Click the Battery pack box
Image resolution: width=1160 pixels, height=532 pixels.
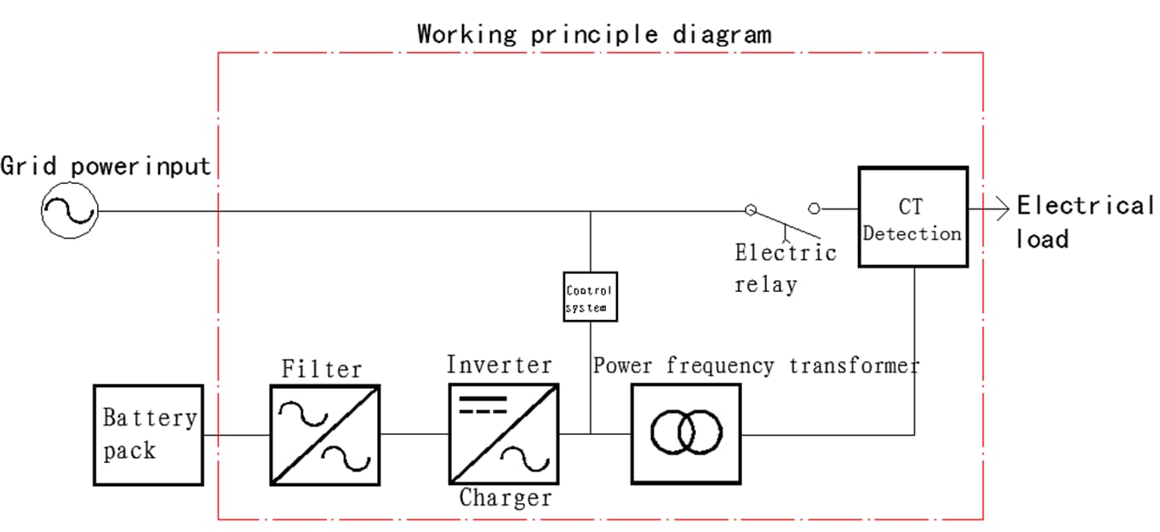148,434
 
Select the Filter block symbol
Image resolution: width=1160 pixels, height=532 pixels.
325,434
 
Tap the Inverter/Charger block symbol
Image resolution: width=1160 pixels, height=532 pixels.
504,434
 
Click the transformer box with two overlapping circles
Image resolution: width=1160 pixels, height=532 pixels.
686,434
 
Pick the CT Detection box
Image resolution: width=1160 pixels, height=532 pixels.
912,217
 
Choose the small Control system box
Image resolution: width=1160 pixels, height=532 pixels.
590,296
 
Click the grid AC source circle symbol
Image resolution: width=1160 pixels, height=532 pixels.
70,210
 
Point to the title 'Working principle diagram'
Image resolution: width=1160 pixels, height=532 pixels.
594,34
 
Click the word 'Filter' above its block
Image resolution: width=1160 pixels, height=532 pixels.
322,369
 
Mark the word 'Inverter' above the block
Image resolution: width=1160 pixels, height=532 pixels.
500,364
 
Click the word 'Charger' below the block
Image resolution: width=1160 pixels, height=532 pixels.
506,497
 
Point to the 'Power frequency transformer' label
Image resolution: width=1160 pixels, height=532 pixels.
756,365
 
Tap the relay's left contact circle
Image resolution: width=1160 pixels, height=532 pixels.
750,209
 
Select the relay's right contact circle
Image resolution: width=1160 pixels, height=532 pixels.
814,208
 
